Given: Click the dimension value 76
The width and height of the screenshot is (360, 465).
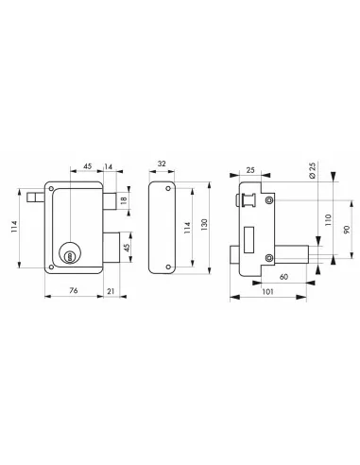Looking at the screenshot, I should tap(72, 290).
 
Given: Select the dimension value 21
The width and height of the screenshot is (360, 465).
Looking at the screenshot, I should tap(111, 290).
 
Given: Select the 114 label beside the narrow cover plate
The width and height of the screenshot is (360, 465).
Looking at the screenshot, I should tap(186, 228).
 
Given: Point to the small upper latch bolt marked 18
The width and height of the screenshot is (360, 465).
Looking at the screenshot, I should tap(111, 199).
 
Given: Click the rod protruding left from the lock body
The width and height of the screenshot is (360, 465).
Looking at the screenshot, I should tap(36, 197).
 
